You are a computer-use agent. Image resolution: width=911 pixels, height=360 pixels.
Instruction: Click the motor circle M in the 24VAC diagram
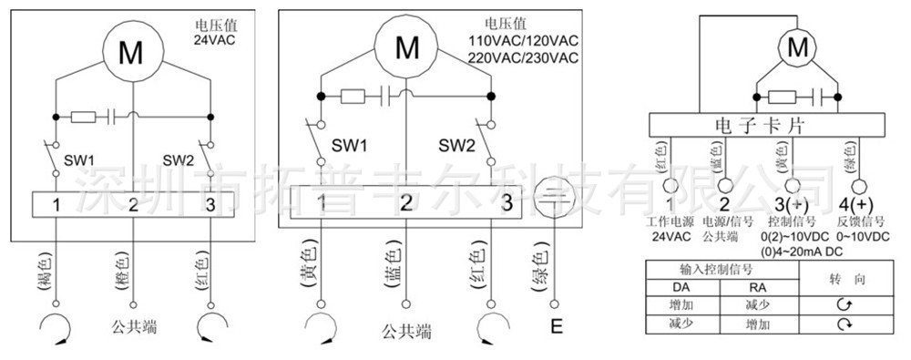pos(132,52)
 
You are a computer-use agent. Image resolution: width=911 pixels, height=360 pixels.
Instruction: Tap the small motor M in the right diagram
pos(798,45)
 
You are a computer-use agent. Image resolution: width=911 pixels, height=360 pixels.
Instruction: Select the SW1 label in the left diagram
pos(80,159)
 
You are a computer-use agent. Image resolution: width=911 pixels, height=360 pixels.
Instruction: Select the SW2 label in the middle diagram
pos(457,145)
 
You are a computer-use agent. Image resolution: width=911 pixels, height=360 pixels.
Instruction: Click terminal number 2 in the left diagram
pos(133,204)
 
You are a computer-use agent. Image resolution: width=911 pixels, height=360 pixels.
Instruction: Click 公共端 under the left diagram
pos(133,324)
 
